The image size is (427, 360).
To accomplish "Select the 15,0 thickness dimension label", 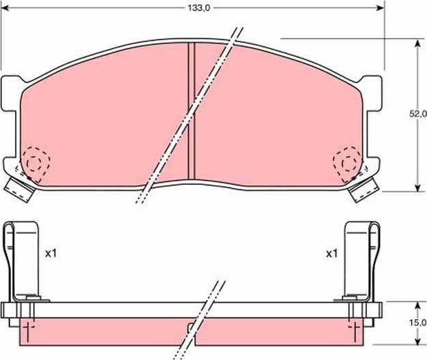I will [x=417, y=322].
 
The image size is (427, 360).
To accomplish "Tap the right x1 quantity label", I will [x=332, y=254].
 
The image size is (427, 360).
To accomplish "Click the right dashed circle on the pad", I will [x=347, y=162].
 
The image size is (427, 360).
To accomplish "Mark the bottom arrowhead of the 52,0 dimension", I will [x=417, y=189].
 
